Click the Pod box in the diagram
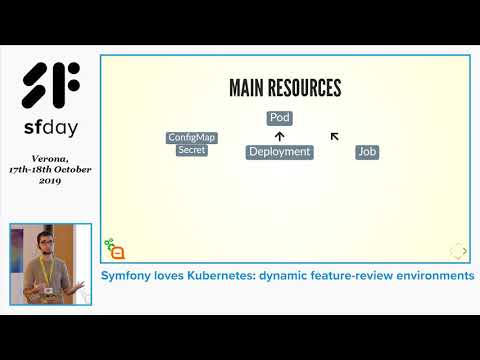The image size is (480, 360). pyautogui.click(x=279, y=118)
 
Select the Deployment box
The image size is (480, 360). pyautogui.click(x=279, y=152)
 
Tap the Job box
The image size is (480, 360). pyautogui.click(x=367, y=152)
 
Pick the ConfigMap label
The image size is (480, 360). pyautogui.click(x=191, y=138)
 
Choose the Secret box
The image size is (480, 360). pyautogui.click(x=191, y=150)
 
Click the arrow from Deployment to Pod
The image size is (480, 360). pyautogui.click(x=279, y=135)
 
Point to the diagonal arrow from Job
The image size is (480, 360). pyautogui.click(x=335, y=136)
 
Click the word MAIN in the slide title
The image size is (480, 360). pyautogui.click(x=250, y=88)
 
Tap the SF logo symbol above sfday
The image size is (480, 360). pyautogui.click(x=51, y=87)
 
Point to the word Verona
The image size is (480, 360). pyautogui.click(x=50, y=158)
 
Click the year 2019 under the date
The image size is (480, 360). pyautogui.click(x=50, y=180)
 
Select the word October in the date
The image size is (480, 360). pyautogui.click(x=73, y=169)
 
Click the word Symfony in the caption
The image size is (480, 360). pyautogui.click(x=130, y=275)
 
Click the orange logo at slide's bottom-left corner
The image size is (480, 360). pyautogui.click(x=114, y=249)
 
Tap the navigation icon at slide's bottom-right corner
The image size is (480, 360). pyautogui.click(x=457, y=251)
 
